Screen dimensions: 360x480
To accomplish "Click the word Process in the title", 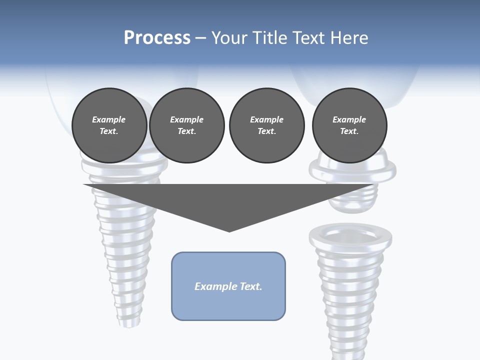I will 157,38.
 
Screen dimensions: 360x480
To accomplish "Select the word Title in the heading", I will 268,38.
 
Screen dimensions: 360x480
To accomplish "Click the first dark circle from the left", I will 109,125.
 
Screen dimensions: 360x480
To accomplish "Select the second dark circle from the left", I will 186,125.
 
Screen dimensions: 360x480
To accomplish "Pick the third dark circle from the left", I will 266,125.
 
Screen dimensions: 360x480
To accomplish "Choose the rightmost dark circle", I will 349,125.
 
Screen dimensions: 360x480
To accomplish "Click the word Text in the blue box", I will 251,286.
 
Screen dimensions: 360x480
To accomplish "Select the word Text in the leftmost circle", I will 108,131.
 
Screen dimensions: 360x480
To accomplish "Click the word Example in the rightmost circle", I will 349,119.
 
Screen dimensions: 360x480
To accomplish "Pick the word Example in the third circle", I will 266,119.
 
